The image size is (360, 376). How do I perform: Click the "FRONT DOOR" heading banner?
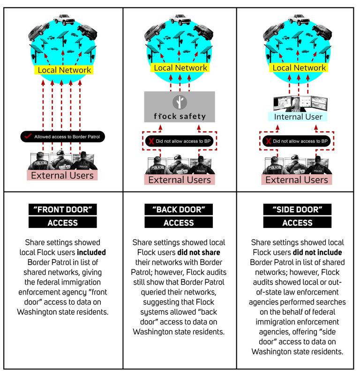[x=63, y=209]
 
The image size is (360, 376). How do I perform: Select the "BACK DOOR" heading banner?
[x=179, y=209]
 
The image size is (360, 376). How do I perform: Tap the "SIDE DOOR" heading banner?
[x=297, y=209]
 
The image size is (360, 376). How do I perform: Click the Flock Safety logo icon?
[x=180, y=102]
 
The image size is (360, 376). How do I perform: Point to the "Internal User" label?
[x=298, y=117]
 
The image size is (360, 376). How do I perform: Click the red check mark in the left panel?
[x=28, y=136]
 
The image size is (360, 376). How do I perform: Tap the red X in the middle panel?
[x=151, y=141]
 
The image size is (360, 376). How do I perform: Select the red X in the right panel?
[x=268, y=141]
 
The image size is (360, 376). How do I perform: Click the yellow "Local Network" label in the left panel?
[x=64, y=70]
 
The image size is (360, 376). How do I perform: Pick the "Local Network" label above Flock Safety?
[x=180, y=67]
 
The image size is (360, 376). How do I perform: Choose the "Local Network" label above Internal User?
[x=299, y=67]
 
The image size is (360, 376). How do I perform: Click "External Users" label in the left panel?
[x=62, y=175]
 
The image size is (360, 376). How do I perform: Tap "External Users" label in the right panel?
[x=297, y=180]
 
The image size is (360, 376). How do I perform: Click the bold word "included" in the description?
[x=91, y=252]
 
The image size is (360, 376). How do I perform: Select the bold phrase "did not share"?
[x=199, y=252]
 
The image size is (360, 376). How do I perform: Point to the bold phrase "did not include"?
[x=317, y=252]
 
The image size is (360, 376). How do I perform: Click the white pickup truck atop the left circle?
[x=64, y=20]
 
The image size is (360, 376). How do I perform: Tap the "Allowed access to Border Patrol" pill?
[x=63, y=136]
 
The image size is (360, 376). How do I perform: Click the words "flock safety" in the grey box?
[x=180, y=116]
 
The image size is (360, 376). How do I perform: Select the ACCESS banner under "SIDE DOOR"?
[x=297, y=222]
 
